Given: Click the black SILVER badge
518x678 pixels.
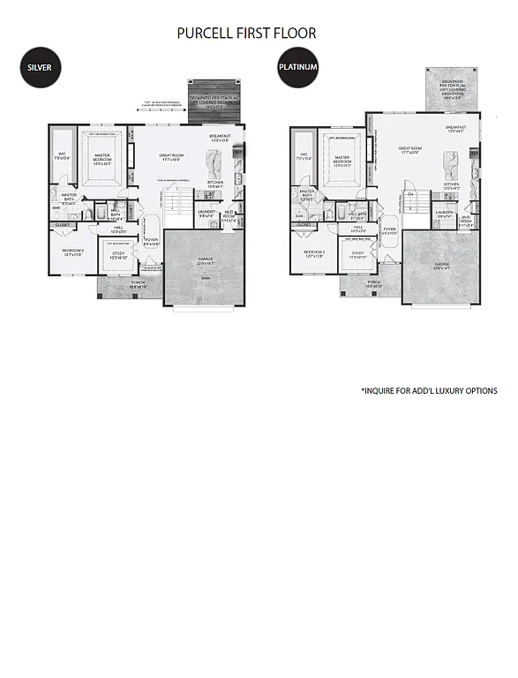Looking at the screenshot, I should pyautogui.click(x=38, y=68).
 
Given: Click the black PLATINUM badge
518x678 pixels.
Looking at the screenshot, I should pyautogui.click(x=297, y=68).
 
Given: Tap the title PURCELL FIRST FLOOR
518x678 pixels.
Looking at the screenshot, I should pyautogui.click(x=246, y=34).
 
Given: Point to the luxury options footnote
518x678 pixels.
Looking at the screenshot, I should pyautogui.click(x=429, y=390).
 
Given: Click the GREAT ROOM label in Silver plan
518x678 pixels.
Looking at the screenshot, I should pyautogui.click(x=170, y=157).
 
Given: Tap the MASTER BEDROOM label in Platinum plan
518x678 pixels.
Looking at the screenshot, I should pyautogui.click(x=342, y=162).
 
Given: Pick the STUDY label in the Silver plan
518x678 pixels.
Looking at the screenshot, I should pyautogui.click(x=117, y=255).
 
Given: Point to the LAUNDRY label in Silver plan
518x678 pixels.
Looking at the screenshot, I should pyautogui.click(x=206, y=213).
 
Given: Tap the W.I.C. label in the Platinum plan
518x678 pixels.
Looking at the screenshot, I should pyautogui.click(x=303, y=155).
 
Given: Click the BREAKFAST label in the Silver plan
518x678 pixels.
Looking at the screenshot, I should pyautogui.click(x=220, y=137).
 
